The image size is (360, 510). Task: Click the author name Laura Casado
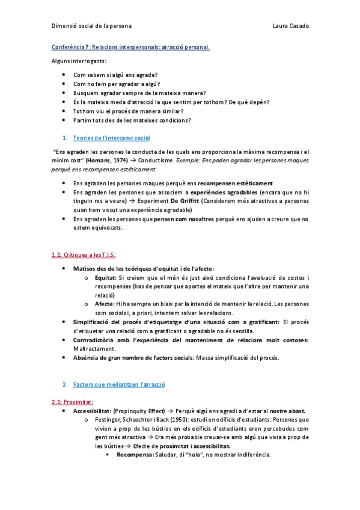pos(291,26)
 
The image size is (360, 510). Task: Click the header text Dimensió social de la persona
pos(91,26)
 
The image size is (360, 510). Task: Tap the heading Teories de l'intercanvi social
pos(111,138)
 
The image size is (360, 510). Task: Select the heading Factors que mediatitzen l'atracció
pos(118,384)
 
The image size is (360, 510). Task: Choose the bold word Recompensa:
pos(135,455)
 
